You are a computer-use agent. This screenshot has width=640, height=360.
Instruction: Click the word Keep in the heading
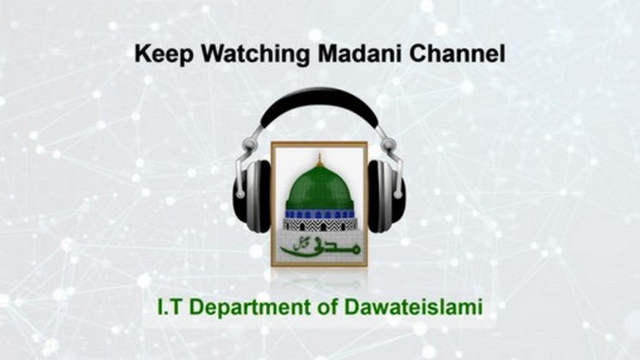pos(164,55)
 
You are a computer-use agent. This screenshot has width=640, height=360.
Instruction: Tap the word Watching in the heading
pos(254,55)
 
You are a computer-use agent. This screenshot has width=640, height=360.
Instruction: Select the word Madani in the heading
pos(359,53)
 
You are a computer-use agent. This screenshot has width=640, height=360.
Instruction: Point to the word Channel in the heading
pos(457,53)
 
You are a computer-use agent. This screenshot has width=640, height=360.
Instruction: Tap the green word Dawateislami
pos(413,307)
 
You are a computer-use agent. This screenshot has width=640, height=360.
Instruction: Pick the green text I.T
pos(170,307)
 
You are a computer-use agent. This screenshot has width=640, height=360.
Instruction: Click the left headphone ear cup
pos(252,196)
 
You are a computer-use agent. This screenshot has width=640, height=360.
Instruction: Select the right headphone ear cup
pos(386,196)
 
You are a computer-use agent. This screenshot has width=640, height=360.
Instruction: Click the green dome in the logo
pos(320,188)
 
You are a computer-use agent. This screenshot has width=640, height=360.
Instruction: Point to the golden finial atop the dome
pos(320,158)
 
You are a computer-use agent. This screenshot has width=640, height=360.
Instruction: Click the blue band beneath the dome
pos(320,214)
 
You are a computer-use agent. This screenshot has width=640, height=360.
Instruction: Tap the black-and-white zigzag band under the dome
pos(320,224)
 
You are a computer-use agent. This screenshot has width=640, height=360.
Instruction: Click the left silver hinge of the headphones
pos(250,145)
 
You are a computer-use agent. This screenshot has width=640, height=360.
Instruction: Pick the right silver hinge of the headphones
pos(388,145)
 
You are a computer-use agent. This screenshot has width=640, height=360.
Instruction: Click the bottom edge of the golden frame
pos(320,265)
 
